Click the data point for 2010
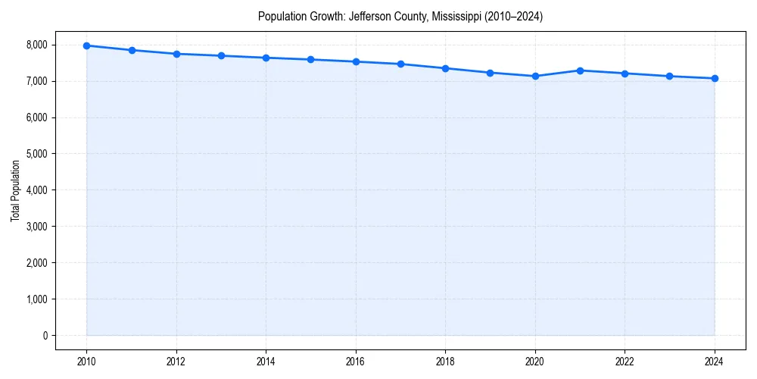coord(87,45)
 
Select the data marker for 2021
coord(580,70)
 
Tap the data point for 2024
coord(715,78)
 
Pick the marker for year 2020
coord(535,76)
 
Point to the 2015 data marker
coord(311,59)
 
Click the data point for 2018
coord(446,68)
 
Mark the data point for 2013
coord(221,55)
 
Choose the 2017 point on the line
coord(400,64)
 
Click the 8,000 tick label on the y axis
coord(36,45)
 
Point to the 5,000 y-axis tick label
coord(36,154)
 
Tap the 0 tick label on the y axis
coord(44,336)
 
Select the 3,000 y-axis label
coord(36,227)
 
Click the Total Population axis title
coord(15,190)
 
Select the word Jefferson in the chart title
coord(369,16)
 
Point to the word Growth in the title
coord(327,16)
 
